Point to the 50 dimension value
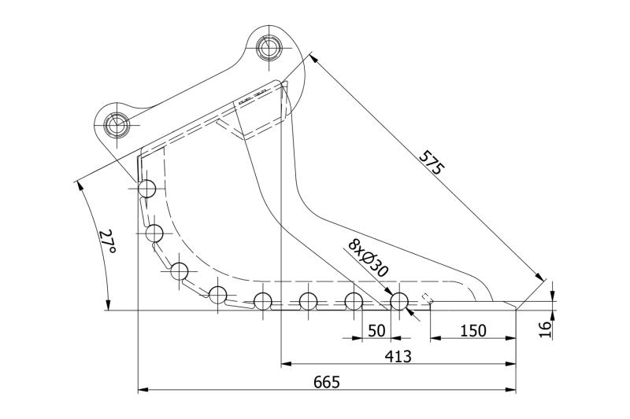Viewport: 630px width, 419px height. coord(377,331)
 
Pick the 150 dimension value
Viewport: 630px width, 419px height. coord(472,331)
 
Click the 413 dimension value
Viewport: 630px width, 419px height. coord(398,356)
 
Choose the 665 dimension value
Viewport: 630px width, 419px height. coord(326,382)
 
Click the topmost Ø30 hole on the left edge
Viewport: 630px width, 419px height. coord(147,189)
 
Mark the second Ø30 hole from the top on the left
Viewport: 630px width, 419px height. coord(155,233)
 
